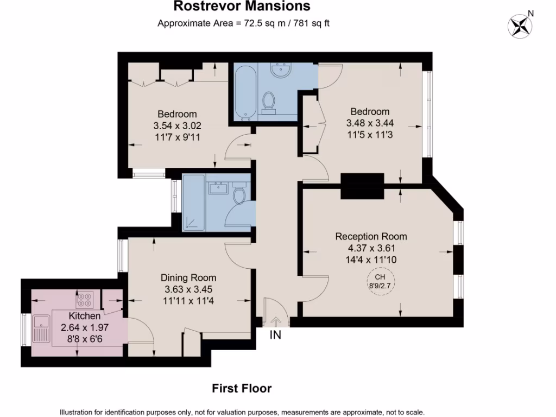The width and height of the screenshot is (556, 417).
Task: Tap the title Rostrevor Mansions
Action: (x=242, y=7)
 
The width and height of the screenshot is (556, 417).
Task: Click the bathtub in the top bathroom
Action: (x=245, y=92)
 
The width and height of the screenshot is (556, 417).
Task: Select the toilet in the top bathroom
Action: (x=268, y=102)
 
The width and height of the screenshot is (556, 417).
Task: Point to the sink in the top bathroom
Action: (x=283, y=71)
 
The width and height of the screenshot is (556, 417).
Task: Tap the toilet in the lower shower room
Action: (x=239, y=194)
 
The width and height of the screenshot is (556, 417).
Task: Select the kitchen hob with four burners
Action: (x=85, y=299)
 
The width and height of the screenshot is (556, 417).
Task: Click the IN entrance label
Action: (x=276, y=335)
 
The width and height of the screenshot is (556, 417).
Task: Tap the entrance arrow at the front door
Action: (x=275, y=322)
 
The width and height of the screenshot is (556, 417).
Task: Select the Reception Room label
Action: (x=371, y=236)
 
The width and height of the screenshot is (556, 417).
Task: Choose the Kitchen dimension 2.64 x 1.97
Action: (x=84, y=327)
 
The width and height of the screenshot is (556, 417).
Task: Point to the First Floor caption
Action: (x=241, y=388)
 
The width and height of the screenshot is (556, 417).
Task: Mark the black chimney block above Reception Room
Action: (x=362, y=186)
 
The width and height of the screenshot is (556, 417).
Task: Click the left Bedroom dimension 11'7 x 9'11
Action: (x=177, y=137)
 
